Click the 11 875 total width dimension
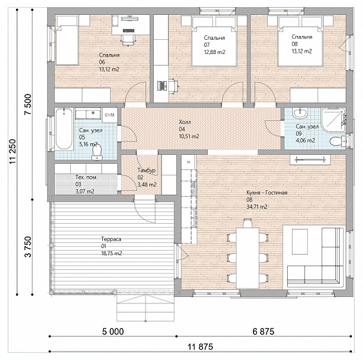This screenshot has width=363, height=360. [x=200, y=346]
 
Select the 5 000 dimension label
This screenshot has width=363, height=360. [x=113, y=332]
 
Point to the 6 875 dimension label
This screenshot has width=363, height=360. [x=263, y=332]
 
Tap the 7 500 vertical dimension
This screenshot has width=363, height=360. [x=28, y=104]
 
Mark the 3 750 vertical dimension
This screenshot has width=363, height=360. [x=28, y=247]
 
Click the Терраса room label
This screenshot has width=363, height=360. [x=111, y=239]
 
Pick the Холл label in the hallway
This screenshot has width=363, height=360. [x=185, y=122]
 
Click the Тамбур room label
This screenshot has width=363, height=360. [x=146, y=170]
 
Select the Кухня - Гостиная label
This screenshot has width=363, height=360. [x=266, y=193]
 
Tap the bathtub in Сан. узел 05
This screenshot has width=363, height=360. [x=64, y=129]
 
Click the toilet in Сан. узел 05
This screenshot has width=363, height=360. [x=97, y=152]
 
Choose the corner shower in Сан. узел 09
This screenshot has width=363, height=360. [x=333, y=120]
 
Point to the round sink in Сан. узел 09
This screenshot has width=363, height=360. [x=300, y=113]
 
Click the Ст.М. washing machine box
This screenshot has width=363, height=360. [x=110, y=115]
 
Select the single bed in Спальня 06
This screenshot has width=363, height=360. [x=67, y=40]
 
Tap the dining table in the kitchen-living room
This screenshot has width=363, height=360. [x=248, y=258]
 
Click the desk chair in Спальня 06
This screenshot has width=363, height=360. [x=127, y=40]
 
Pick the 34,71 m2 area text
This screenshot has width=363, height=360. [x=257, y=207]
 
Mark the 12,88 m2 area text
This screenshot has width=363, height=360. [x=214, y=52]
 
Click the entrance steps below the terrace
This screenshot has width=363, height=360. [x=145, y=308]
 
